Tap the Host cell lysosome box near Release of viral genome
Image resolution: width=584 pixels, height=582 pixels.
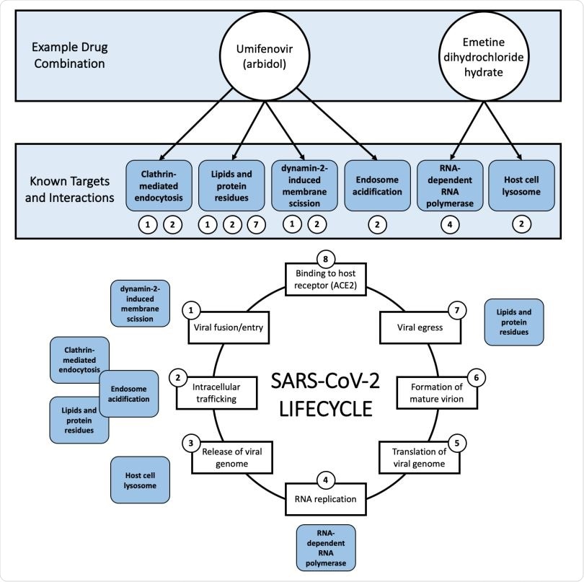(139, 480)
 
